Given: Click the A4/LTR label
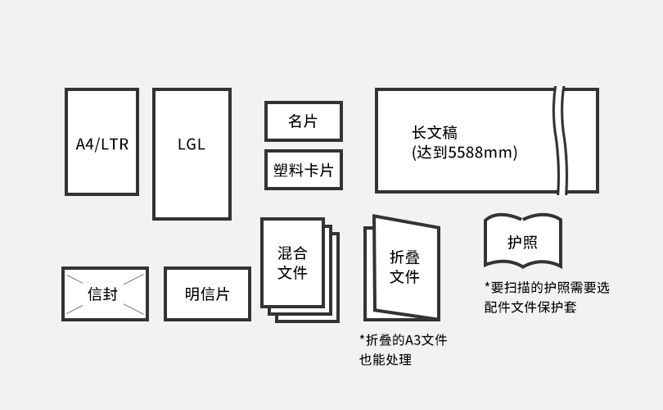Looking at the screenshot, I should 101,144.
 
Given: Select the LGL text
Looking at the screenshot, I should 192,144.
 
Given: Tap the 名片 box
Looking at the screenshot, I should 303,121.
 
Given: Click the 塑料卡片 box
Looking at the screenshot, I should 303,171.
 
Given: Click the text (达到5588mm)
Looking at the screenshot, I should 465,153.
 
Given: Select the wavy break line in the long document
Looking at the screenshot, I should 561,140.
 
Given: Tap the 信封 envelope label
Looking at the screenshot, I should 104,294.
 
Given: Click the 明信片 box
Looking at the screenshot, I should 207,294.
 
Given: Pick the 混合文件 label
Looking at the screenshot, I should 292,262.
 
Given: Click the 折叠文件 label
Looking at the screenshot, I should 404,266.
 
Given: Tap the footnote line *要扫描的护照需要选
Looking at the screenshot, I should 547,288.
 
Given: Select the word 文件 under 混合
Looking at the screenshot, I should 292,273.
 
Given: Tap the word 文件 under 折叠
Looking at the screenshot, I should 404,277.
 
